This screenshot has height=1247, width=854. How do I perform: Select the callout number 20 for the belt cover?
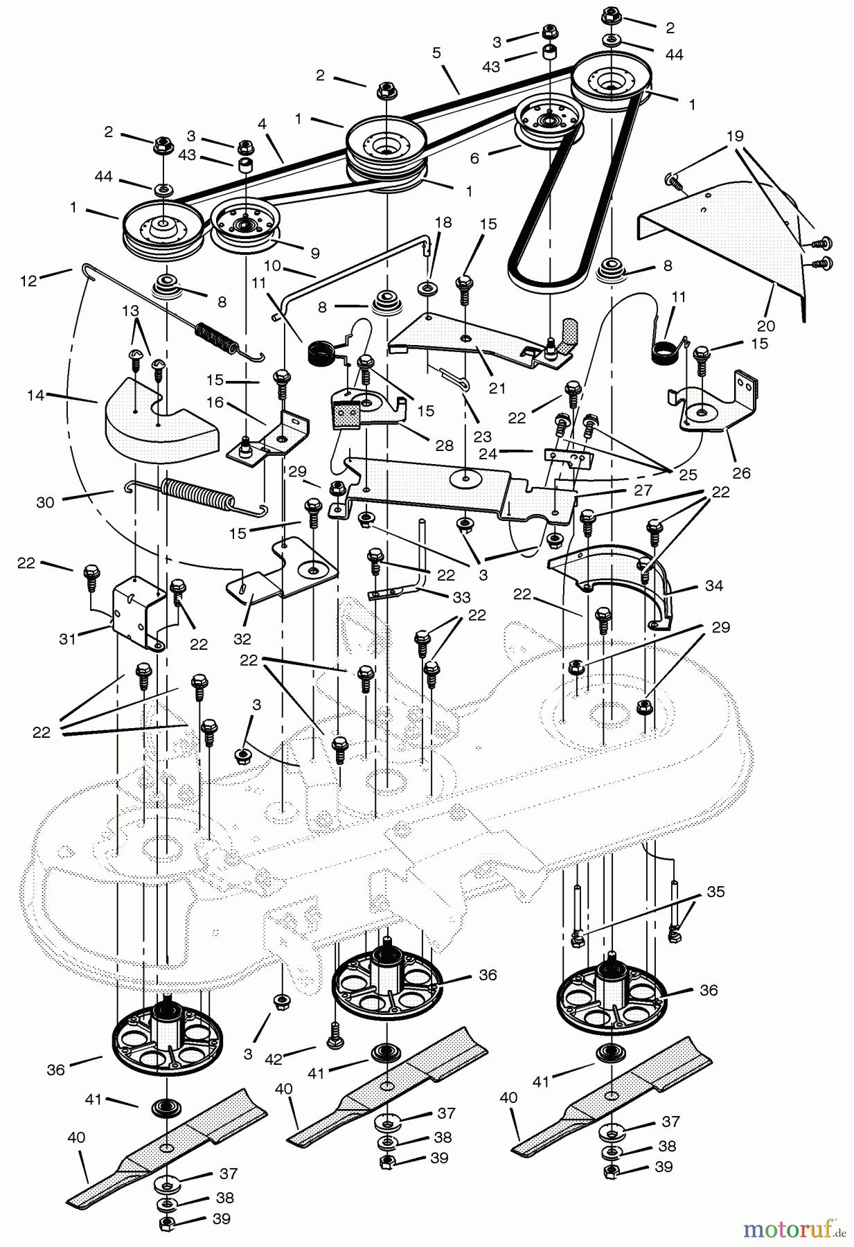765,326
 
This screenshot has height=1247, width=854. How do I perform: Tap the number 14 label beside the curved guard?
36,396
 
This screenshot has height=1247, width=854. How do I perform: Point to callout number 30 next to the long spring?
45,503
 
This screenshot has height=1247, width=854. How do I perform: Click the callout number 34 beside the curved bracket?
713,586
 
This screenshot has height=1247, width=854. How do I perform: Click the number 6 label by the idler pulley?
474,158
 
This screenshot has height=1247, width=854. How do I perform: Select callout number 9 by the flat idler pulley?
315,254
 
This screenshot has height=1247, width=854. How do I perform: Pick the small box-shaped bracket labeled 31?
139,610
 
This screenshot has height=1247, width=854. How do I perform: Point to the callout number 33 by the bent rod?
461,597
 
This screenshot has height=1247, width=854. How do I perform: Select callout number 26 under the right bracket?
741,474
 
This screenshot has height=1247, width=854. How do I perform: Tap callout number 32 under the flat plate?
242,638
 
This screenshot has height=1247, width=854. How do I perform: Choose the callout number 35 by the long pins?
715,892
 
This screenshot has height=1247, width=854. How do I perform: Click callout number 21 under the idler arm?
497,388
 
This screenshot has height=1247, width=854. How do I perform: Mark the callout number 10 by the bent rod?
272,265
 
